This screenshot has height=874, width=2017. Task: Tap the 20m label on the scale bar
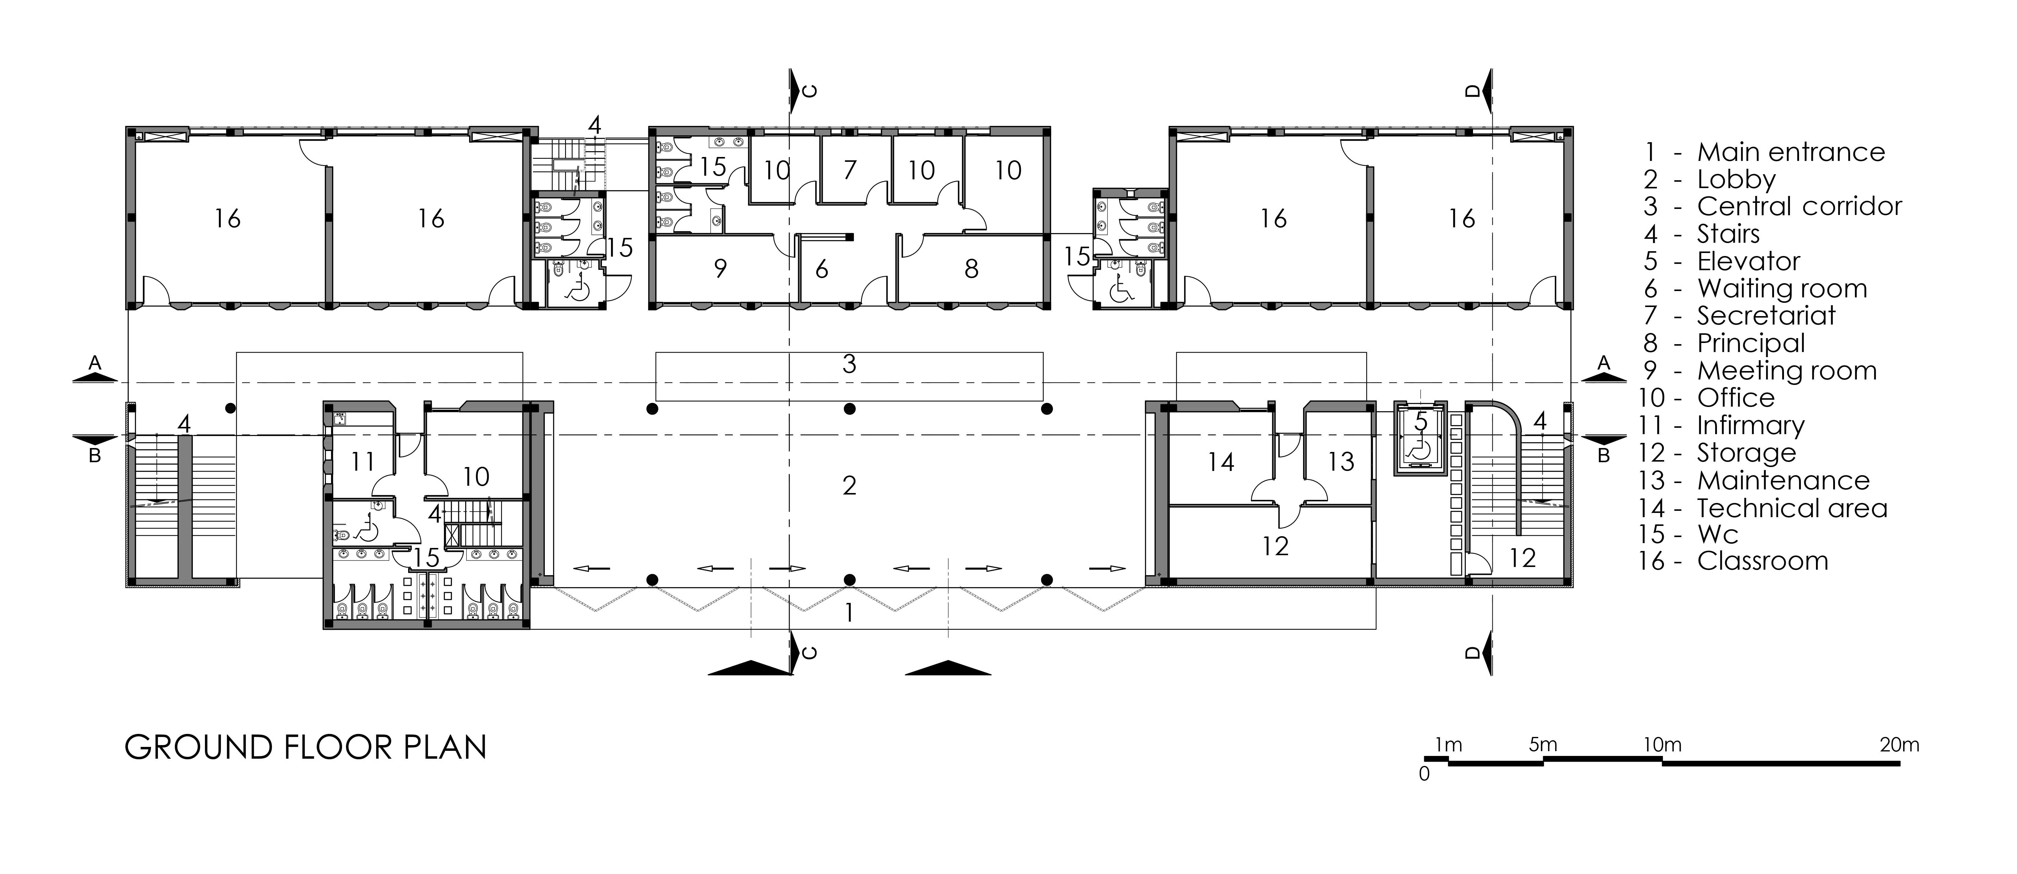click(1900, 745)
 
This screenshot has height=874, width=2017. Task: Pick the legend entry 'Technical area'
click(1792, 508)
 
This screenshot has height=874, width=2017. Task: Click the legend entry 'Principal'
click(1751, 343)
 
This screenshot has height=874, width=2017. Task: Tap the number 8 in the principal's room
click(971, 269)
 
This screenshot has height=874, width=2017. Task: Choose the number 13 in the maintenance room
click(1341, 461)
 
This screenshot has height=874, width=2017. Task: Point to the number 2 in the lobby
click(849, 485)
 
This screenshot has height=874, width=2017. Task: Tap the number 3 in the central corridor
click(849, 363)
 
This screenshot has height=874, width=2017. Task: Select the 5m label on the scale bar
click(1542, 745)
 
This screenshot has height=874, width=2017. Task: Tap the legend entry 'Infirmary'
click(1751, 425)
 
